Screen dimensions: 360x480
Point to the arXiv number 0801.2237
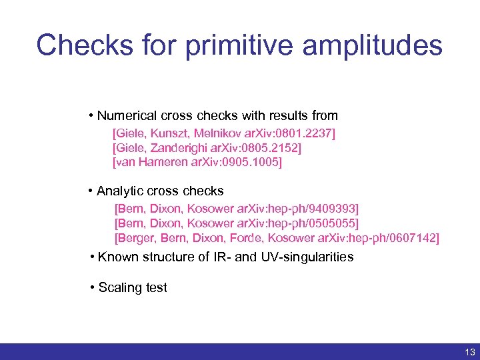click(306, 135)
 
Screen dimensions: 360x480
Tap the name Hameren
click(165, 162)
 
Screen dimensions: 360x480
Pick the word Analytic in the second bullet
click(121, 191)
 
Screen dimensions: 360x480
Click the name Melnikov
click(234, 135)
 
